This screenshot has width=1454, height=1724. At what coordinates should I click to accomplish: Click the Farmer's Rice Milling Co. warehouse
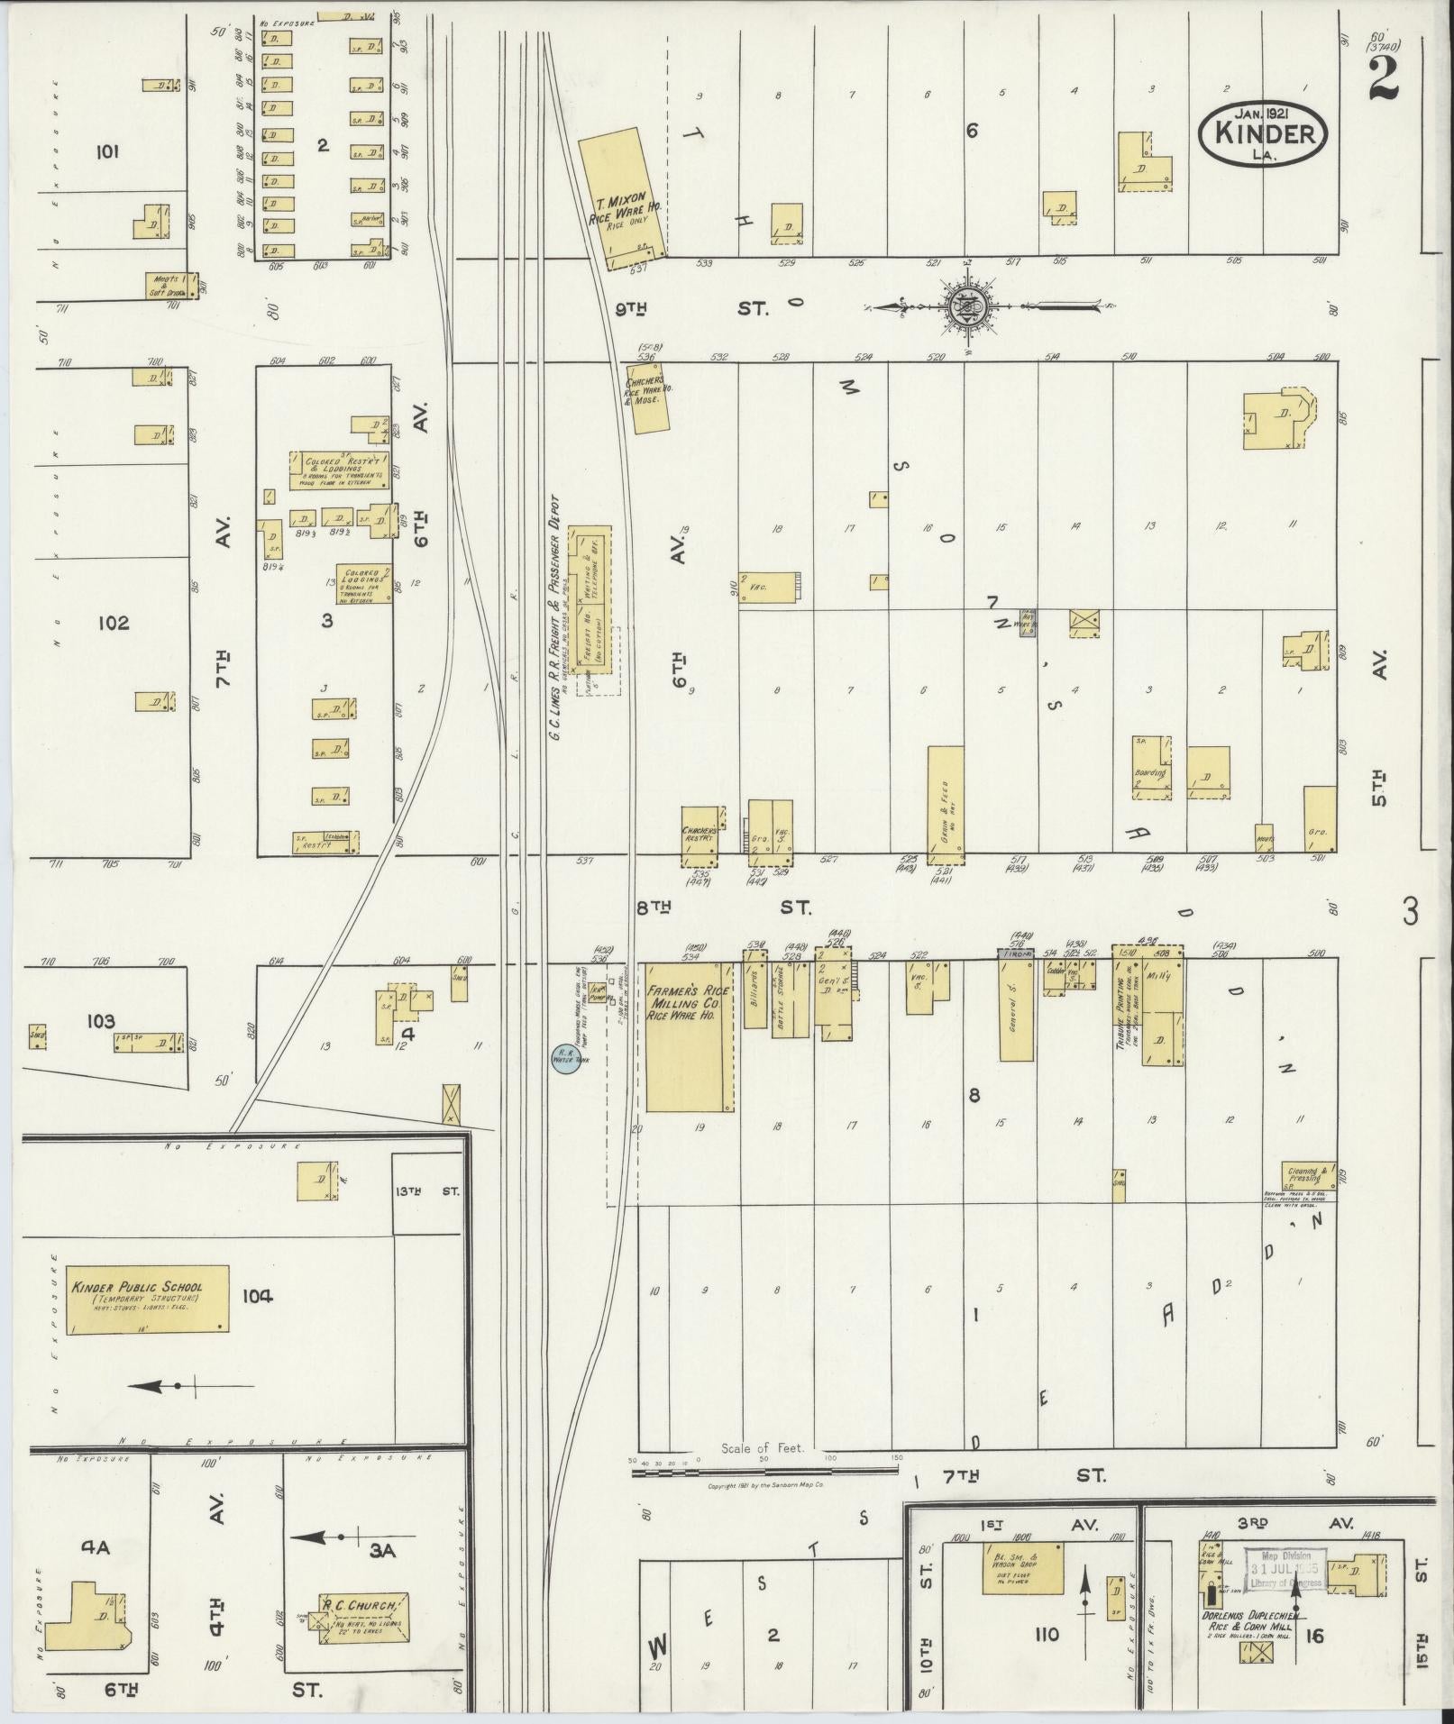pos(684,1036)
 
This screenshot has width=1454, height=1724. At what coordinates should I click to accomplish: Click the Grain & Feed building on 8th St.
pos(946,805)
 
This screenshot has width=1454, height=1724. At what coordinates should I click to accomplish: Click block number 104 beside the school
pos(257,1296)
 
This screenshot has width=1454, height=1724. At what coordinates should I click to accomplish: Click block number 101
pos(106,151)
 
